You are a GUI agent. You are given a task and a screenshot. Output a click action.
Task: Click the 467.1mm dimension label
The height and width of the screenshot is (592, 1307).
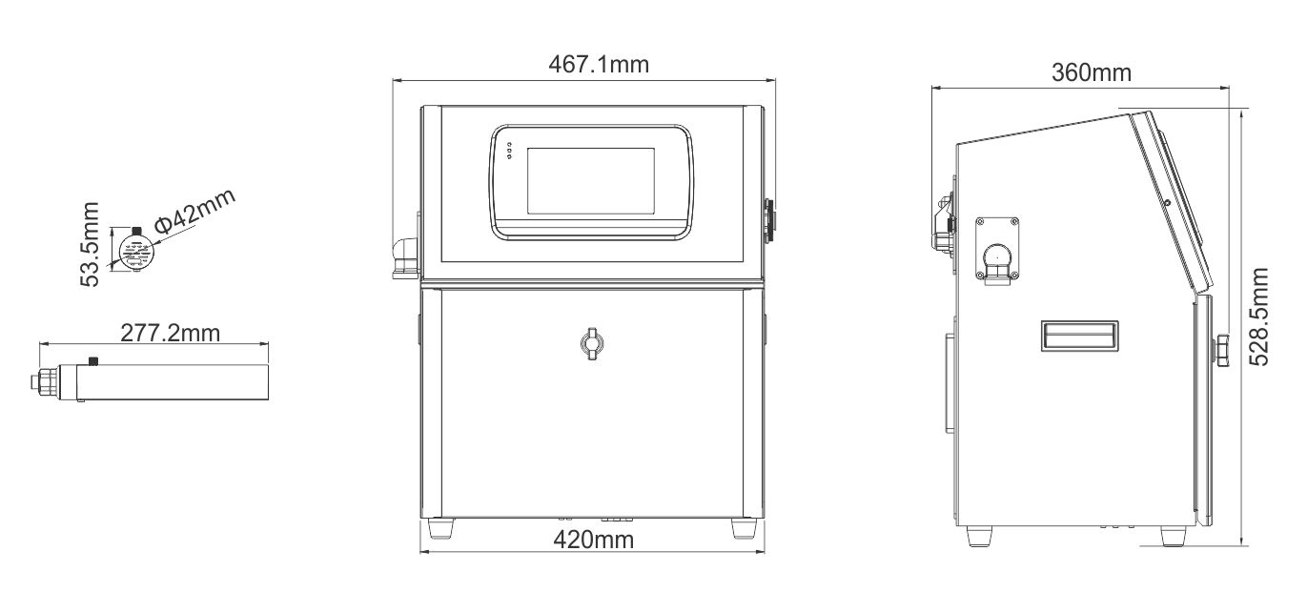pyautogui.click(x=599, y=64)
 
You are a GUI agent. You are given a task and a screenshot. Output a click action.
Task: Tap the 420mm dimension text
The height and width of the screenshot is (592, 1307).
pyautogui.click(x=593, y=540)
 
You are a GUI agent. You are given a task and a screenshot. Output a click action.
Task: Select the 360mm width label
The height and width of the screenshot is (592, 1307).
pyautogui.click(x=1092, y=72)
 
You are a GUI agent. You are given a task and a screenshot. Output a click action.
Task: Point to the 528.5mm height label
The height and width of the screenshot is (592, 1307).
pyautogui.click(x=1258, y=316)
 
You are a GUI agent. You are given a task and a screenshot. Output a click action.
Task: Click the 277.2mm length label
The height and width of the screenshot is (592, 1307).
pyautogui.click(x=171, y=333)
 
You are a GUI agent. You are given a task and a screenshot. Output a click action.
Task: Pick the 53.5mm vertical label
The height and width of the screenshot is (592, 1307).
pyautogui.click(x=90, y=244)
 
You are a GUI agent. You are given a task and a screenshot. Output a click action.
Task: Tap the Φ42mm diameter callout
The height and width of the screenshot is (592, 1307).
pyautogui.click(x=194, y=211)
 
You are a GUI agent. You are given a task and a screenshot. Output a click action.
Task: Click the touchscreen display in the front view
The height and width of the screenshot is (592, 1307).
pyautogui.click(x=590, y=181)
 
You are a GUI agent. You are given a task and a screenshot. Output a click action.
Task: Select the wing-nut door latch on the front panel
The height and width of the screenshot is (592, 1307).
pyautogui.click(x=592, y=343)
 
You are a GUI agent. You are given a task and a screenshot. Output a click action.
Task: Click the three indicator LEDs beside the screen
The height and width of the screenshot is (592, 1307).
pyautogui.click(x=509, y=151)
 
